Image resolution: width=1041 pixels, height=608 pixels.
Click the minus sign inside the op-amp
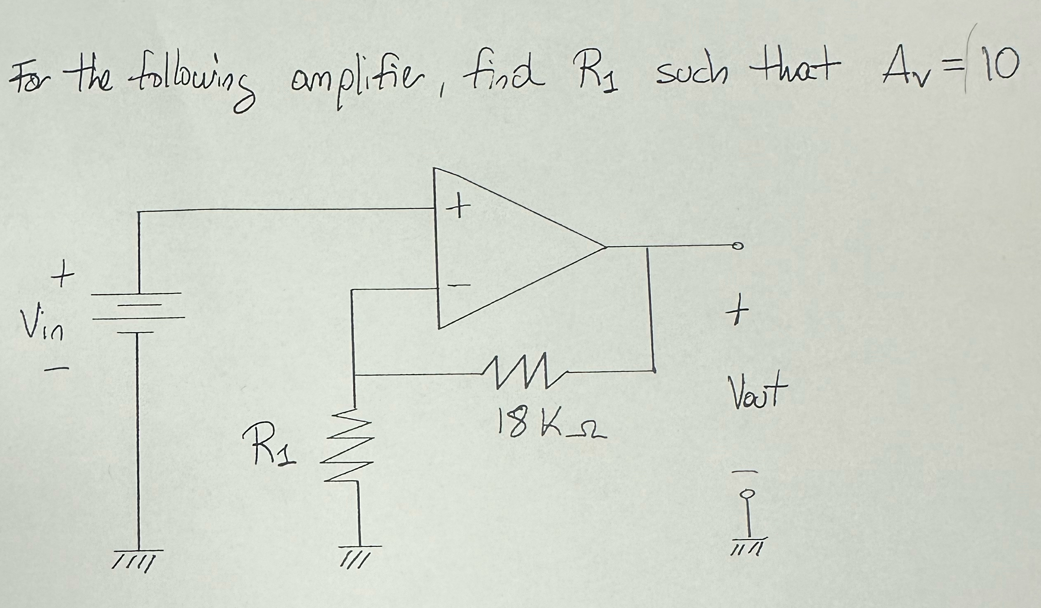point(459,285)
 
